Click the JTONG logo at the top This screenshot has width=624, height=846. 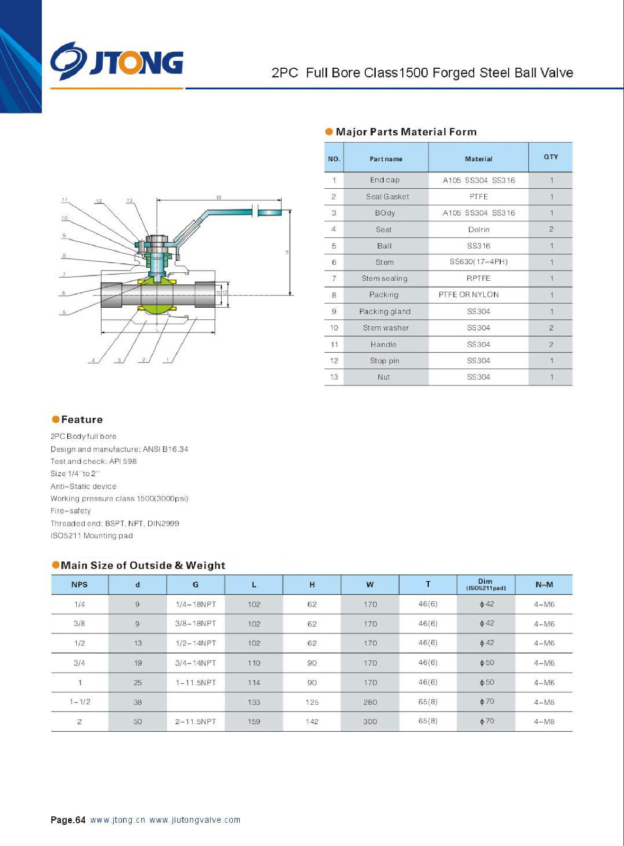(x=117, y=62)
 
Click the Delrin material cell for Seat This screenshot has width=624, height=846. (x=478, y=229)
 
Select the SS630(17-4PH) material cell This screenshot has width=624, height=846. (x=478, y=262)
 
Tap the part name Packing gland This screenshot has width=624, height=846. (x=385, y=311)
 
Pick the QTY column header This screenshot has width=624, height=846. (x=550, y=157)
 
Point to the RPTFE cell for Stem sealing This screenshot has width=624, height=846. (x=478, y=278)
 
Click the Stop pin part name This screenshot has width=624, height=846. (x=384, y=361)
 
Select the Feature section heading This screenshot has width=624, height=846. (x=82, y=419)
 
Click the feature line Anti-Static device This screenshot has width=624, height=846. (x=83, y=486)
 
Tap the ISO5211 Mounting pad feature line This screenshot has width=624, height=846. (x=92, y=536)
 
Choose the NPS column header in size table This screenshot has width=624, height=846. (x=79, y=584)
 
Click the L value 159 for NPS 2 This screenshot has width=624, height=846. (x=254, y=721)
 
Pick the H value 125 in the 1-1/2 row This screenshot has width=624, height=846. (x=312, y=702)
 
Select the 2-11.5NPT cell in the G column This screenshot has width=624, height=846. (x=196, y=721)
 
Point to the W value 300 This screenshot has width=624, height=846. (x=370, y=721)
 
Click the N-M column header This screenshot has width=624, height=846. (x=544, y=584)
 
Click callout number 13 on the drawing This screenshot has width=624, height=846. (x=129, y=200)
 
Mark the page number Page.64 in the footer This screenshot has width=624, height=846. (x=68, y=820)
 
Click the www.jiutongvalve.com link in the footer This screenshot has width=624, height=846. (x=195, y=820)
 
